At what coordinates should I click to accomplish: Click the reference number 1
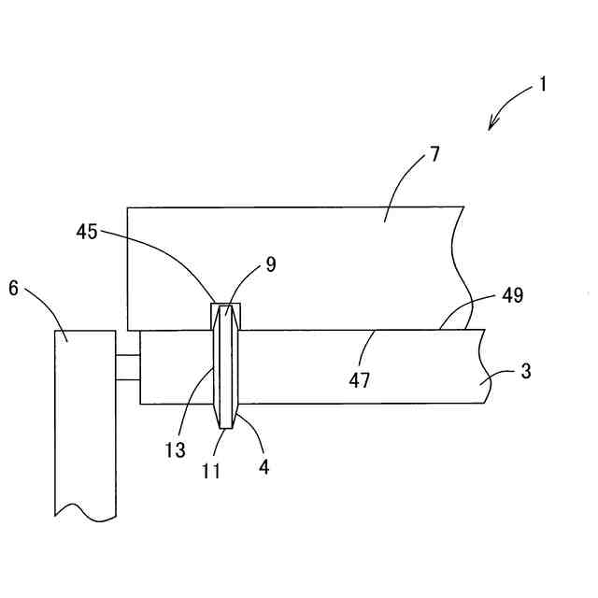pos(541,85)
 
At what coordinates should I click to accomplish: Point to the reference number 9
pos(270,264)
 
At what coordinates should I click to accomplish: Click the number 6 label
pos(14,289)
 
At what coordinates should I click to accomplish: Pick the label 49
pos(512,296)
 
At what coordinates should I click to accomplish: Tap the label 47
pos(360,379)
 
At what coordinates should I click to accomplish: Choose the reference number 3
pos(526,371)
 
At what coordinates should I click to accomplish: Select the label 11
pos(212,470)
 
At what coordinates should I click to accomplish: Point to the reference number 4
pos(264,467)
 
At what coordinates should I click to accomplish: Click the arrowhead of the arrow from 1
pos(491,127)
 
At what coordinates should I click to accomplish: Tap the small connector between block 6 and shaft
pos(128,366)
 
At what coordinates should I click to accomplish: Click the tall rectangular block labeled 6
pos(85,420)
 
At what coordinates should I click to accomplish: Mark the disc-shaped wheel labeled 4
pos(225,374)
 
